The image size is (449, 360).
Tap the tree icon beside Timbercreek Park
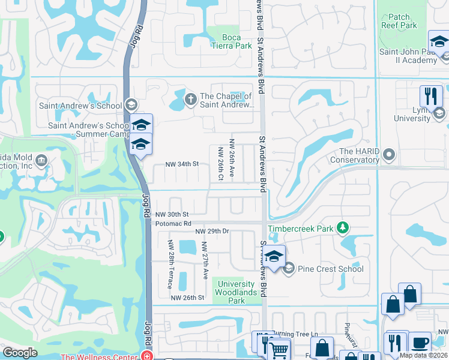pyautogui.click(x=342, y=228)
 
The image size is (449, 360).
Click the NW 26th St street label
pyautogui.click(x=187, y=298)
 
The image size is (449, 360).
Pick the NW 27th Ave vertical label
pyautogui.click(x=205, y=260)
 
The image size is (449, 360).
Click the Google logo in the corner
pyautogui.click(x=20, y=353)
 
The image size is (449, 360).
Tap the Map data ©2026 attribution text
pyautogui.click(x=423, y=355)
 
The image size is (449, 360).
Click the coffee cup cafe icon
pyautogui.click(x=420, y=343)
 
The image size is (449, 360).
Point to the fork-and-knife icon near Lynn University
pyautogui.click(x=431, y=96)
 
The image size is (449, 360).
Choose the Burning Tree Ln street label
pyautogui.click(x=295, y=333)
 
